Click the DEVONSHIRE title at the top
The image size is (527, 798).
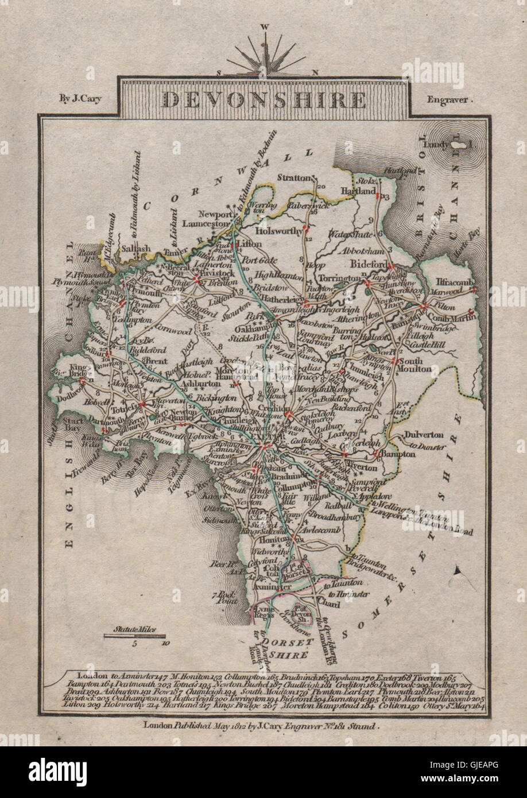[x=263, y=100]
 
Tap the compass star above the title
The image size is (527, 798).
[x=266, y=56]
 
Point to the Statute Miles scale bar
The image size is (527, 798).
[x=134, y=636]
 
